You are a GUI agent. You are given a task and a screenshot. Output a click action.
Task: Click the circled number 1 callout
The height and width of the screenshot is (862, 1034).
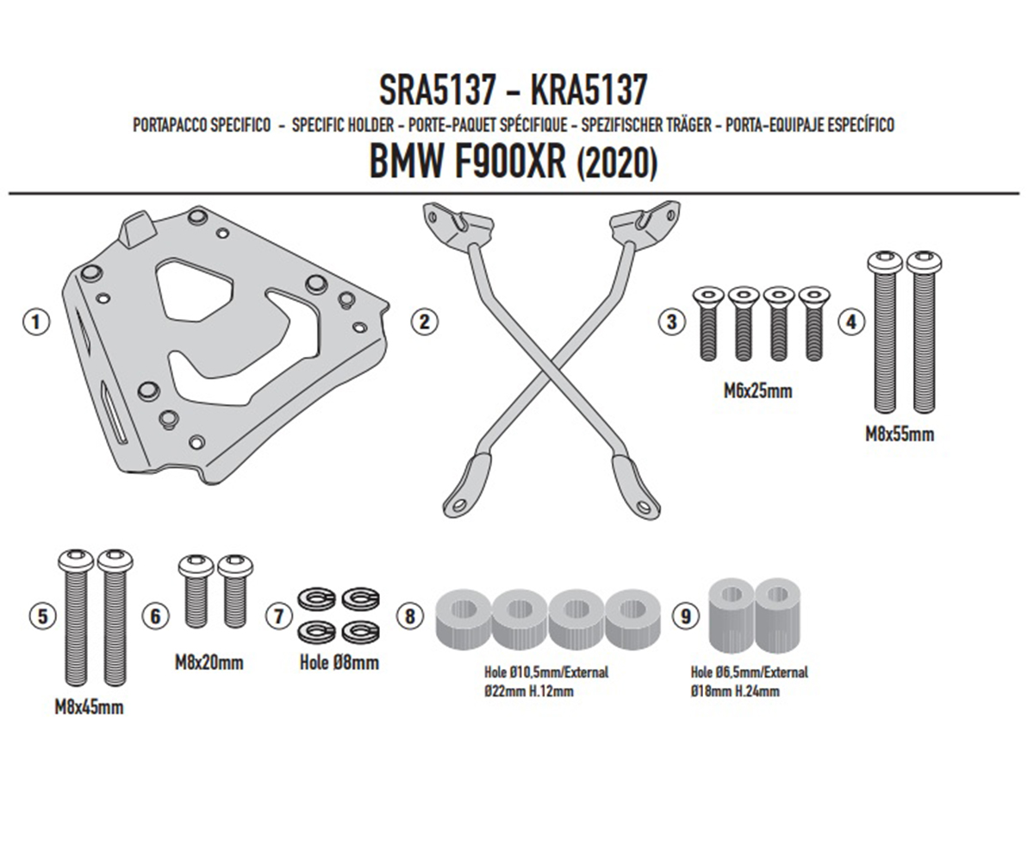coord(36,322)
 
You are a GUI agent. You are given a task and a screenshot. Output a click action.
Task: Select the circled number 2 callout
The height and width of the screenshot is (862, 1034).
coord(425,322)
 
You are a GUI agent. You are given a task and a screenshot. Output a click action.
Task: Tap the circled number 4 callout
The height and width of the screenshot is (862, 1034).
coord(850,322)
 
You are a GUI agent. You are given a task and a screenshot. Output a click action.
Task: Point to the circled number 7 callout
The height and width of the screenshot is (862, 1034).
coord(279,616)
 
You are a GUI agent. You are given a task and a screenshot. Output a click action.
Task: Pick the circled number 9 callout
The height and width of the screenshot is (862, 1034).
coord(685,616)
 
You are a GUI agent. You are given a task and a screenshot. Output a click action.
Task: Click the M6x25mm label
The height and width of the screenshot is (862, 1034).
coord(757,391)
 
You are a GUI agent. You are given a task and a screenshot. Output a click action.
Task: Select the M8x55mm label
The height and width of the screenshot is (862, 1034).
coord(900,434)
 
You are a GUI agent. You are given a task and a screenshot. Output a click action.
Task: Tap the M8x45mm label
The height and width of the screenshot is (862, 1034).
coord(89,708)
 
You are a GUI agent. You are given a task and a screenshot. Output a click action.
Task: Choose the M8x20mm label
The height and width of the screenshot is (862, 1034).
coord(209,663)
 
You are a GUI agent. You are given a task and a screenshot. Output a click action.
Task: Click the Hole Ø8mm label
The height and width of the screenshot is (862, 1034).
coord(339,663)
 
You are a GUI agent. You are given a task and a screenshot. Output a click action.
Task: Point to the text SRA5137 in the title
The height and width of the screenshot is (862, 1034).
coord(437,90)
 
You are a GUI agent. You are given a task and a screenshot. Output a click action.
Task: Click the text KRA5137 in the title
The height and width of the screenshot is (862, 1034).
coord(589,90)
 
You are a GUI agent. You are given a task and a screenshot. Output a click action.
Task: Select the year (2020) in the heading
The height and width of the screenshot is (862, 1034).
coord(617,164)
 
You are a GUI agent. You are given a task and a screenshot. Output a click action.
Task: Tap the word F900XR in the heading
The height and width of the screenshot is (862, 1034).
coord(509,163)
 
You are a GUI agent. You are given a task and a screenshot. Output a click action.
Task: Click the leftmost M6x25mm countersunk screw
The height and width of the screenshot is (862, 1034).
coord(708,323)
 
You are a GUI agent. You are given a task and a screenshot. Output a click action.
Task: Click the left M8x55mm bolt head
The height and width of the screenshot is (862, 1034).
coord(884,261)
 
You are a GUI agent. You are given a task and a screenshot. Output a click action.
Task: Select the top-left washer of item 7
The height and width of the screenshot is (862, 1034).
coord(316,598)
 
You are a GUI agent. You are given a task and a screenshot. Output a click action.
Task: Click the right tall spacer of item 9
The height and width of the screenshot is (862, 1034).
coord(777,615)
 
